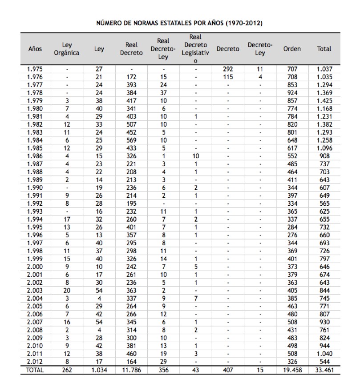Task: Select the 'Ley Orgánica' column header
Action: pos(66,49)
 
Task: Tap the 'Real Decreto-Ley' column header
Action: pos(164,49)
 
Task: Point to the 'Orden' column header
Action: pos(292,49)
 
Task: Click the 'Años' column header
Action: pos(35,49)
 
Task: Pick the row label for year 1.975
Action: pos(35,69)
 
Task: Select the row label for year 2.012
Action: pos(35,362)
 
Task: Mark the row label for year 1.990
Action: pos(35,188)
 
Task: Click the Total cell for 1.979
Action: pos(324,101)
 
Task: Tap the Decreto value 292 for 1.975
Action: pos(228,69)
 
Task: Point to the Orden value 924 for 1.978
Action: pos(292,93)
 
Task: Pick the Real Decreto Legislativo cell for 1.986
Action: pos(195,156)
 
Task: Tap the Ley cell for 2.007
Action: pos(99,322)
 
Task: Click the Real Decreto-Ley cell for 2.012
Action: pos(164,362)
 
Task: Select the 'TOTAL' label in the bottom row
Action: pos(35,370)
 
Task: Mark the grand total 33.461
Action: pos(324,370)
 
